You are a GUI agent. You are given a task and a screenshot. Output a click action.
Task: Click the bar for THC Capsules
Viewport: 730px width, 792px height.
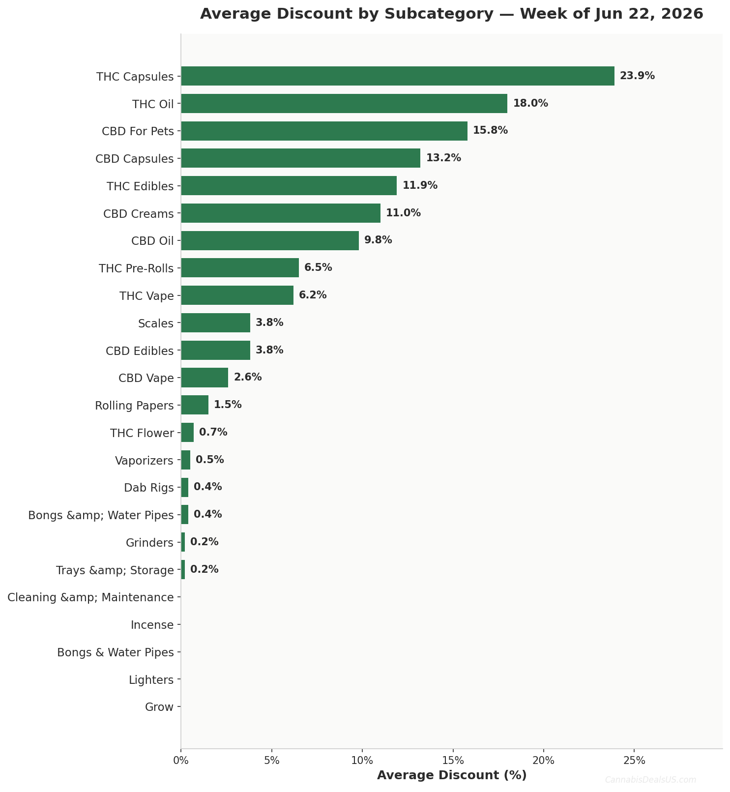click(x=398, y=76)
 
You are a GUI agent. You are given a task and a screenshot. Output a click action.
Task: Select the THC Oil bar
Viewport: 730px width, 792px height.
click(x=344, y=104)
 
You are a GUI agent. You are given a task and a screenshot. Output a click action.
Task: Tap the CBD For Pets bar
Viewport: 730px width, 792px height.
click(x=324, y=131)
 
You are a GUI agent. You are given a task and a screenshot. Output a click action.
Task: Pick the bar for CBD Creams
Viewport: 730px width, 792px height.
click(x=281, y=213)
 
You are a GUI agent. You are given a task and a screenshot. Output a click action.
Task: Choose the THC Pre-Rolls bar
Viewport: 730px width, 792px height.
click(x=240, y=268)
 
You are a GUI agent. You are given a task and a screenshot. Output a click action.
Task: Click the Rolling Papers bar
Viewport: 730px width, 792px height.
click(x=195, y=405)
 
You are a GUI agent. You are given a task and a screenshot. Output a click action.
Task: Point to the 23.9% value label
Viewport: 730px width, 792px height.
click(x=637, y=76)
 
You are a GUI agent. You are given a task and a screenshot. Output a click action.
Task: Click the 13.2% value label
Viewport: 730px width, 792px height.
click(x=443, y=158)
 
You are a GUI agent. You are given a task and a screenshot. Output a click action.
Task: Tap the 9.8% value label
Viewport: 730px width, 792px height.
click(x=378, y=240)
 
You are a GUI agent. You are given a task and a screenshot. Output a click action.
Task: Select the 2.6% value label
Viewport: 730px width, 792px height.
click(x=248, y=378)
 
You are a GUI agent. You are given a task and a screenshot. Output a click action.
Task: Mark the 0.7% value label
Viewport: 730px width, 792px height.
click(x=213, y=433)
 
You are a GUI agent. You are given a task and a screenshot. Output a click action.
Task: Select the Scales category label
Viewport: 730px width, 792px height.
click(x=156, y=324)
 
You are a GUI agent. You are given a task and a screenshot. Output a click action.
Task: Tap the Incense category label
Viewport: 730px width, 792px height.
click(x=152, y=625)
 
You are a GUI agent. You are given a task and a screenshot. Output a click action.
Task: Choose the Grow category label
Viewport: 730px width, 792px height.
click(x=159, y=707)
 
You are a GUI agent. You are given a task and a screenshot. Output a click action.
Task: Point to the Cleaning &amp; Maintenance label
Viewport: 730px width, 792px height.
click(x=91, y=598)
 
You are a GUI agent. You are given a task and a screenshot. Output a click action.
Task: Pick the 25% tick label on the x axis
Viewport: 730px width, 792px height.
click(x=634, y=761)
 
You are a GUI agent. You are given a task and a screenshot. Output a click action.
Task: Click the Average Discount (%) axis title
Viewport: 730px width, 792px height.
click(x=452, y=775)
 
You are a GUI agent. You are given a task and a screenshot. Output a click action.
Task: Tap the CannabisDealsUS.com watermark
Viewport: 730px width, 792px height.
click(x=650, y=780)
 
